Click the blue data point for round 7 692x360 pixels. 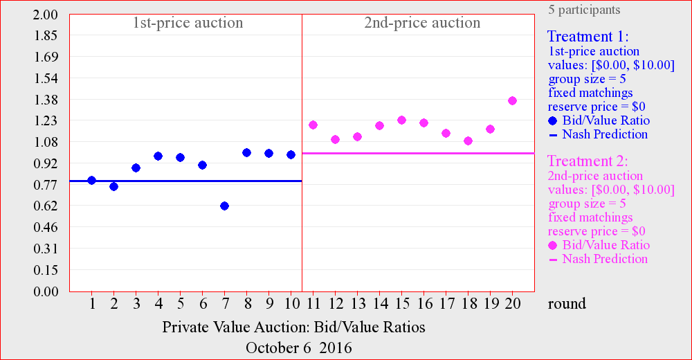(225, 206)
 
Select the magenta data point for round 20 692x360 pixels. (512, 100)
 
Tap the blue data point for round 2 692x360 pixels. (114, 186)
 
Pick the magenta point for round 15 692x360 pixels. (401, 120)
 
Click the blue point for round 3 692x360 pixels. (136, 168)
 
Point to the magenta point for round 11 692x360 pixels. (313, 125)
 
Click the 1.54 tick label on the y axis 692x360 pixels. (46, 78)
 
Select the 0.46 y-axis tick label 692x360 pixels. (46, 227)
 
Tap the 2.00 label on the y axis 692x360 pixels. (46, 15)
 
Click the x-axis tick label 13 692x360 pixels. (358, 303)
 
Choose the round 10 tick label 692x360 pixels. (292, 303)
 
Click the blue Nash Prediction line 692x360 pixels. (185, 181)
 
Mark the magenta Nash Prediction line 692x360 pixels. (419, 153)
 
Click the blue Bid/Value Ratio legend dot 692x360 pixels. (552, 120)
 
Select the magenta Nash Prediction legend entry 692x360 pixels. (598, 259)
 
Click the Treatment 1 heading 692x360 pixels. (588, 36)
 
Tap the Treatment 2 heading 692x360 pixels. (588, 161)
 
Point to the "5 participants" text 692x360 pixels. (584, 10)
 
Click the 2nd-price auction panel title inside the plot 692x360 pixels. (422, 23)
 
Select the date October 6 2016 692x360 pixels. (299, 348)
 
